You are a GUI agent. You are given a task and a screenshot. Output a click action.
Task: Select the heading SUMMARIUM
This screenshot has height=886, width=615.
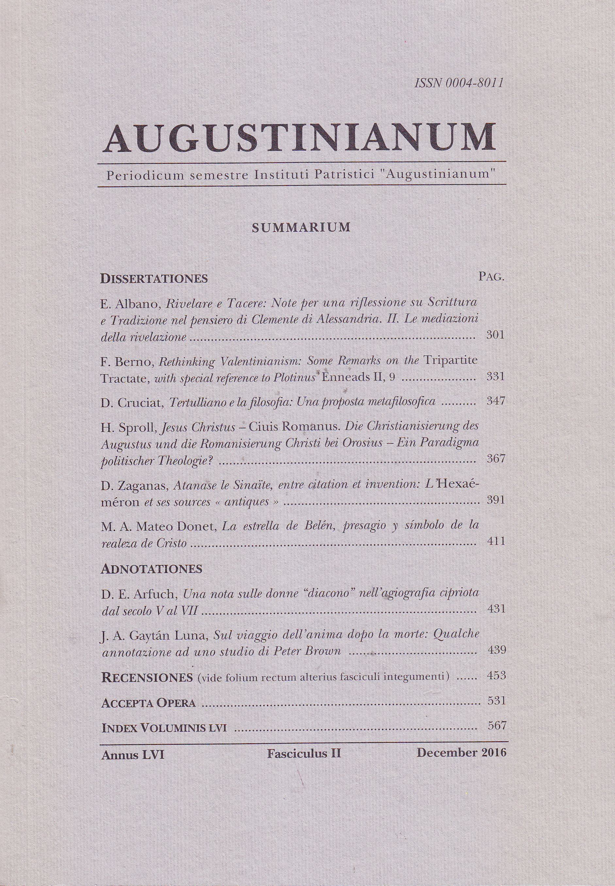pos(301,228)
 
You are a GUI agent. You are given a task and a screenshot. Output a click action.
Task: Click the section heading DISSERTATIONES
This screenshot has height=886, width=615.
pos(154,279)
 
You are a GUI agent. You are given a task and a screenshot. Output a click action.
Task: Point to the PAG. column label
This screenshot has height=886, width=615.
pos(491,277)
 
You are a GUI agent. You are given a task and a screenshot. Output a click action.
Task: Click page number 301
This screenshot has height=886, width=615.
pos(495,335)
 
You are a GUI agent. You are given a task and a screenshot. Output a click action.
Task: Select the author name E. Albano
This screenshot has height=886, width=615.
pos(131,304)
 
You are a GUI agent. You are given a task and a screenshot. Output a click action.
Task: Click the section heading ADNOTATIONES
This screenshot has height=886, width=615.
pos(151,569)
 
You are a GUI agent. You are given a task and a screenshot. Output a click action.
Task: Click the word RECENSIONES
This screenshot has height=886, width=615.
pos(147,678)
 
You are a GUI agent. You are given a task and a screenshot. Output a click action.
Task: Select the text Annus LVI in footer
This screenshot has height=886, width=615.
pos(133,755)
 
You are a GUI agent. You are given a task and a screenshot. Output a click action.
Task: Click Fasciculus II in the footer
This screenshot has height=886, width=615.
pos(304,753)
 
